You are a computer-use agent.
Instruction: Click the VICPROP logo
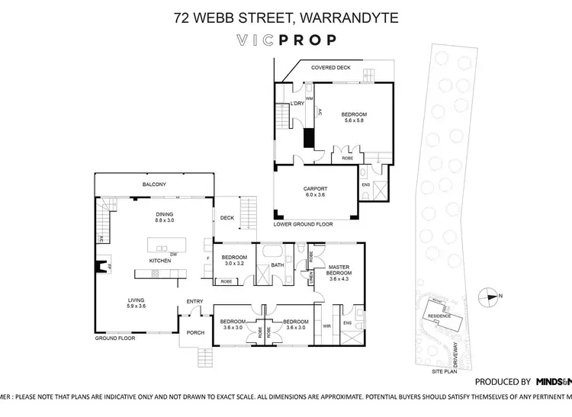(286, 40)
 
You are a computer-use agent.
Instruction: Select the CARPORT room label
(316, 189)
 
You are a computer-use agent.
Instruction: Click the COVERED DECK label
(329, 68)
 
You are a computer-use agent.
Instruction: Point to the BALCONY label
(154, 184)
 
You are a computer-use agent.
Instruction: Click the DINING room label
(165, 214)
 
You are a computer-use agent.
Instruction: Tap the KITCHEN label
(159, 261)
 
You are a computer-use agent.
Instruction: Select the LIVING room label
(136, 302)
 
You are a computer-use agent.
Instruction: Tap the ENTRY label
(194, 301)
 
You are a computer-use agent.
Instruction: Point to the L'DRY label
(297, 103)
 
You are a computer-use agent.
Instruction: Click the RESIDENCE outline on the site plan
(439, 316)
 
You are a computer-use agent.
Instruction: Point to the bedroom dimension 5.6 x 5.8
(355, 120)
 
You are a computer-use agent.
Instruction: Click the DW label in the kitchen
(174, 254)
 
